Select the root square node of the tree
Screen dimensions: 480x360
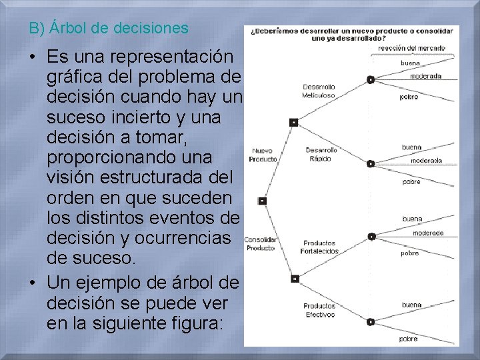coord(262,201)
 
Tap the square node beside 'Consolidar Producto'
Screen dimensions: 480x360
coord(294,278)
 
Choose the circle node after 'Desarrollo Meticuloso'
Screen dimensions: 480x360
coord(371,79)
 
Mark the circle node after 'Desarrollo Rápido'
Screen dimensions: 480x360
coord(371,163)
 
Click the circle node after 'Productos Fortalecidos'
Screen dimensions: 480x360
coord(372,236)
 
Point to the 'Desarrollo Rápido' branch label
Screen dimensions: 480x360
coord(321,155)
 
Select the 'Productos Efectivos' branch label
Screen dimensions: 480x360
coord(319,310)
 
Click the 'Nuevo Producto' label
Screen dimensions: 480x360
coord(263,155)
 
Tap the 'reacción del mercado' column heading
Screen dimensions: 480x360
coord(411,48)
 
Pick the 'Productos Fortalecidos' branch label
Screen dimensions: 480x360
coord(321,247)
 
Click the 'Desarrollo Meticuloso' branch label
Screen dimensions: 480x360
coord(319,91)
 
